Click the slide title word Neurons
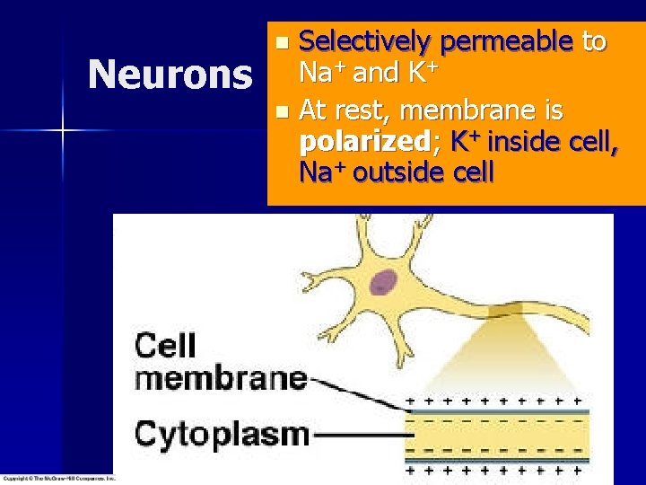coord(170,75)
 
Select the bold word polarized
coord(369,142)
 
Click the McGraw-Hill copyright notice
coord(58,479)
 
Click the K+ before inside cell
coord(467,141)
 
